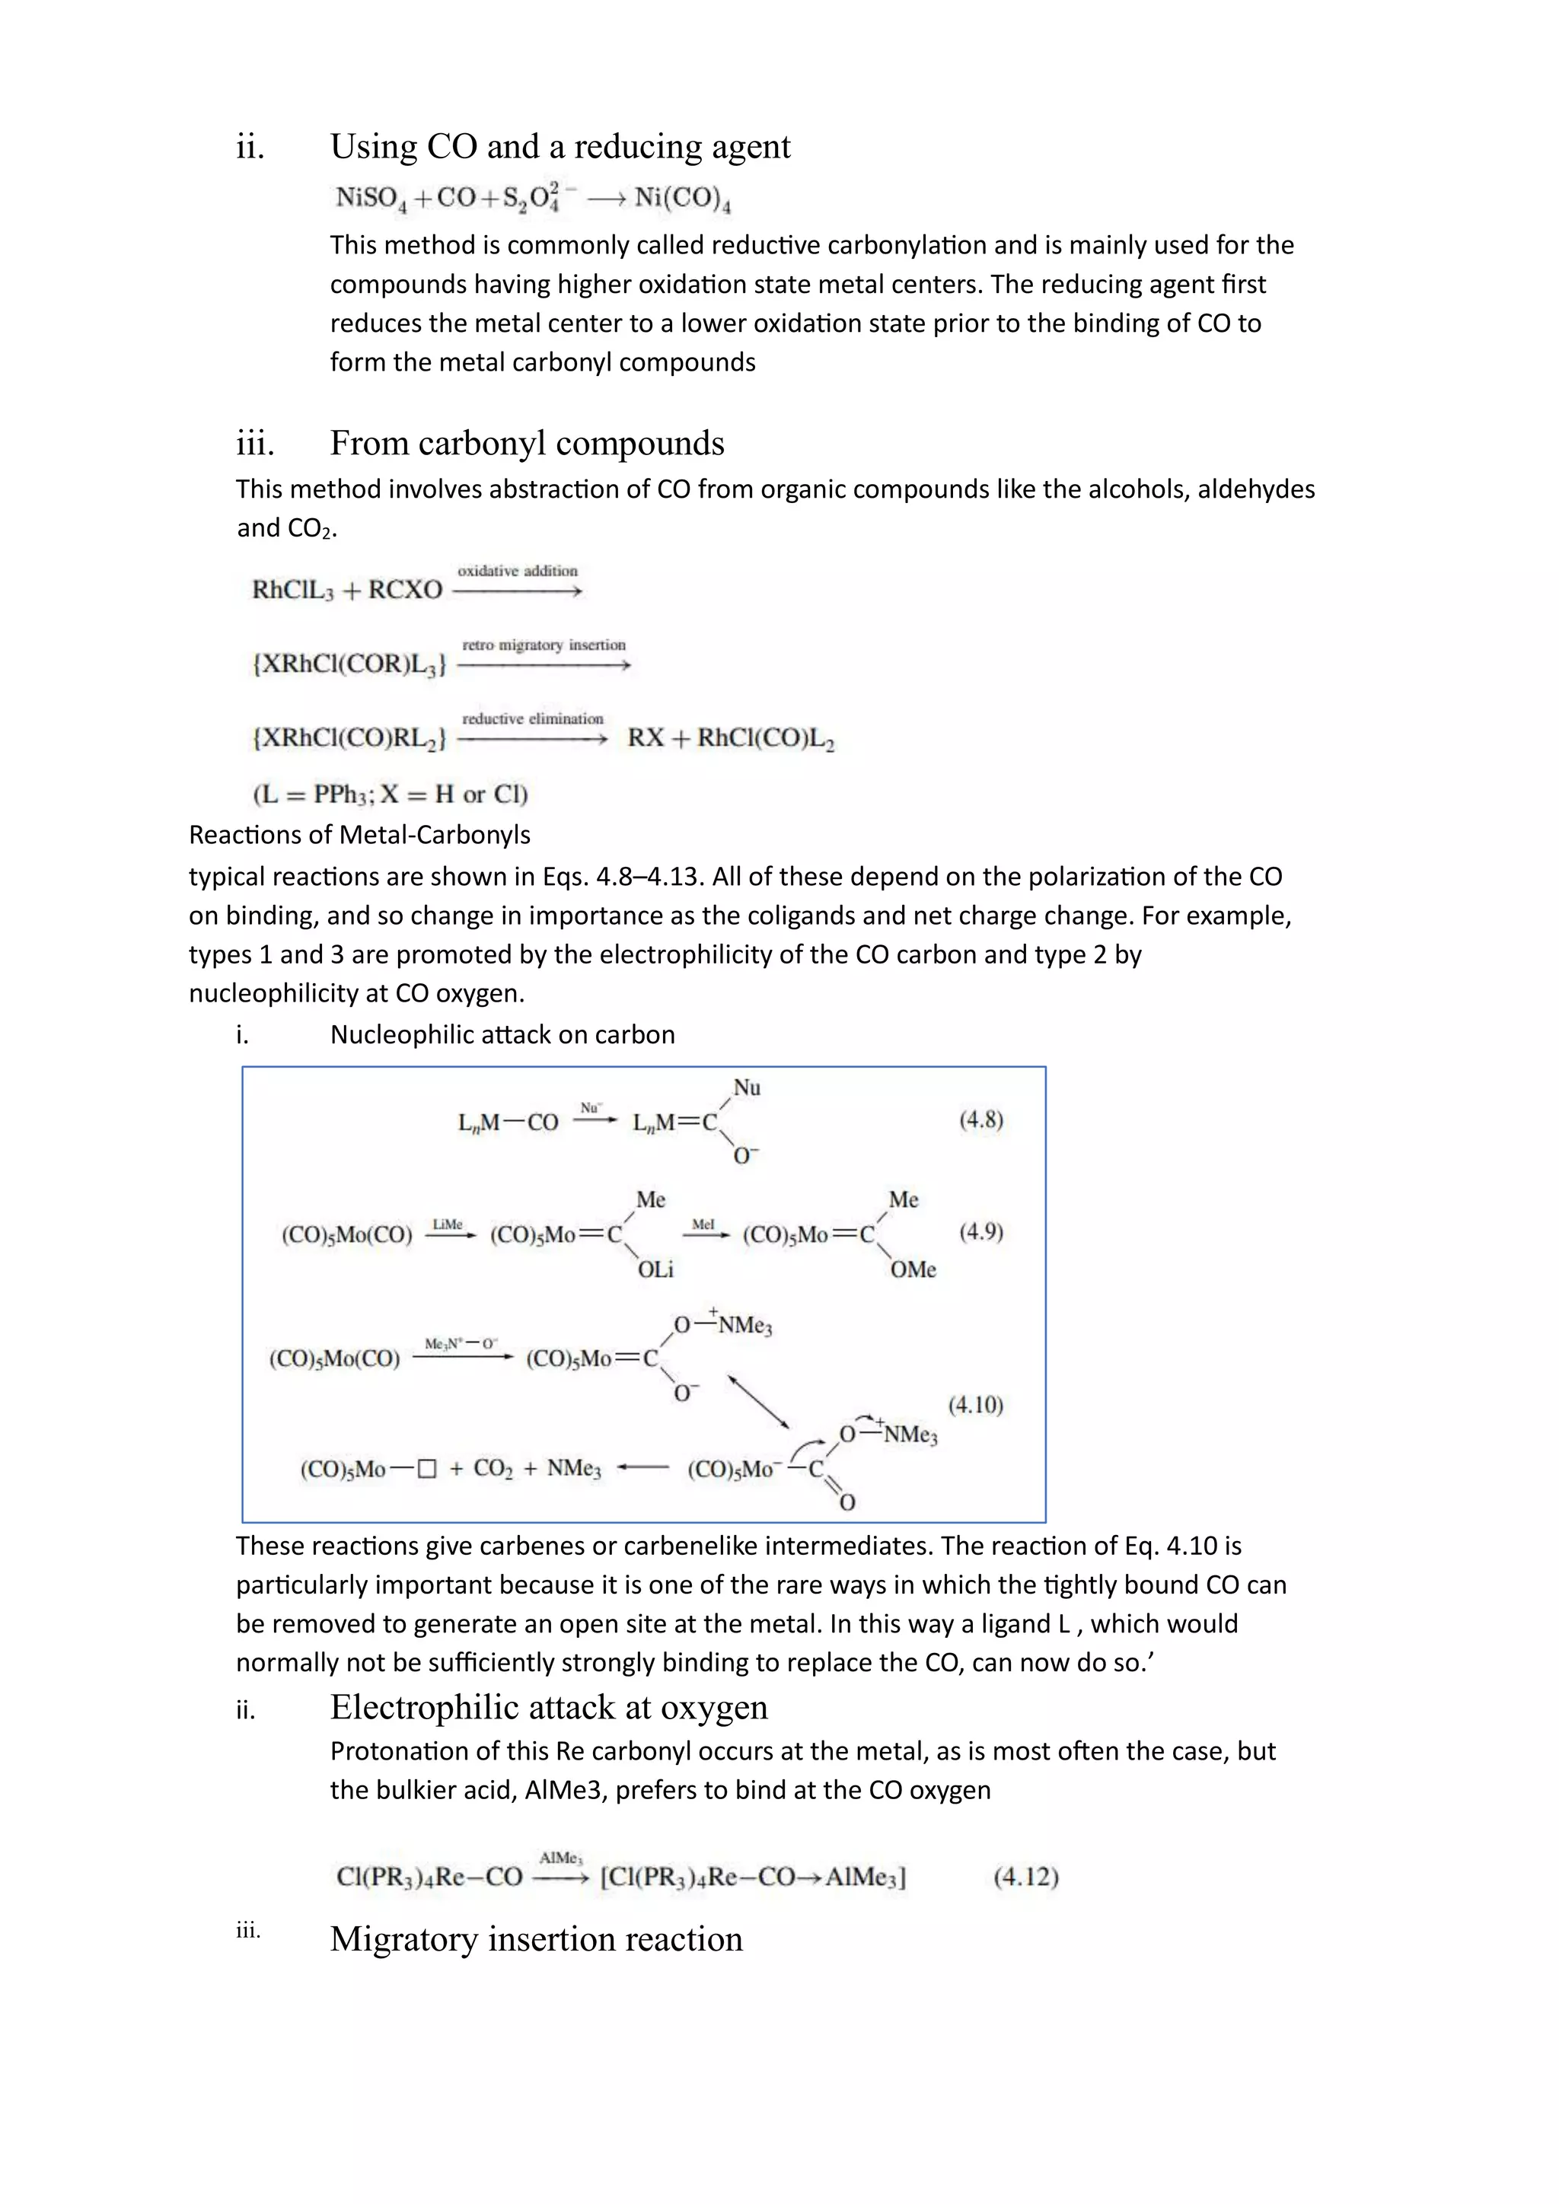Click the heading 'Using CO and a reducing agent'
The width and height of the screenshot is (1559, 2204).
[560, 147]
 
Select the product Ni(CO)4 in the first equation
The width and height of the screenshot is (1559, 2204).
[683, 199]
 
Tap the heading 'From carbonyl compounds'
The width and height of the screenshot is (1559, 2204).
[526, 444]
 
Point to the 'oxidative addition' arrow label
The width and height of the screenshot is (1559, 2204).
[518, 571]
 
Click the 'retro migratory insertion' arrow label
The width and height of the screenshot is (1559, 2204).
[544, 645]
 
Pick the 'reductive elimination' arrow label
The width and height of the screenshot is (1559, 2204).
[533, 719]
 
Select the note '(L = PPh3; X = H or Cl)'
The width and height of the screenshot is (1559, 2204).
[390, 794]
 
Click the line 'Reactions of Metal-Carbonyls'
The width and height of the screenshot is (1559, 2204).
[359, 835]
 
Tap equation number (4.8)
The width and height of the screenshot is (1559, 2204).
[980, 1120]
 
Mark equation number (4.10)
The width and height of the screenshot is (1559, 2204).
[975, 1406]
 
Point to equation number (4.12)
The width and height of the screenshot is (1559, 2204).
[1025, 1877]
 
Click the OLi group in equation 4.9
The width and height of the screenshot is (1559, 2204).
[655, 1270]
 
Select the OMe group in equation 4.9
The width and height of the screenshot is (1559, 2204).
[912, 1270]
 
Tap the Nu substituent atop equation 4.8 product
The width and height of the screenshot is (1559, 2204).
[747, 1088]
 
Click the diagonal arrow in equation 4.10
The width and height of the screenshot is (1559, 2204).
[758, 1403]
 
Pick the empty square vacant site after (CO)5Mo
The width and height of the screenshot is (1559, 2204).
[428, 1469]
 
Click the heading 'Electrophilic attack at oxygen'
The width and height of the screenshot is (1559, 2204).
[548, 1708]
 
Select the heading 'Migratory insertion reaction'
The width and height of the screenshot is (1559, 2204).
[536, 1939]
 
